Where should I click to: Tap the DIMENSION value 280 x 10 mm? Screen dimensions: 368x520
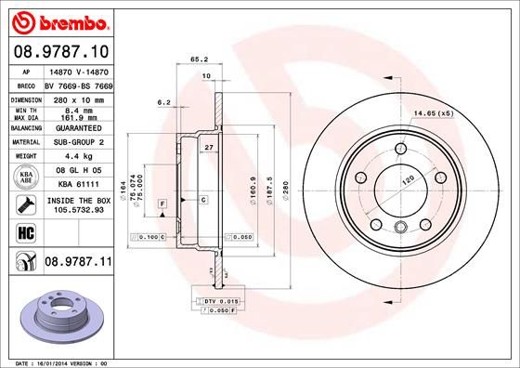coord(75,98)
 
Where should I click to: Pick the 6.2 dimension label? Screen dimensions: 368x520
coord(164,101)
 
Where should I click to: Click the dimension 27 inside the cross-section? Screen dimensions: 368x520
coord(209,148)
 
